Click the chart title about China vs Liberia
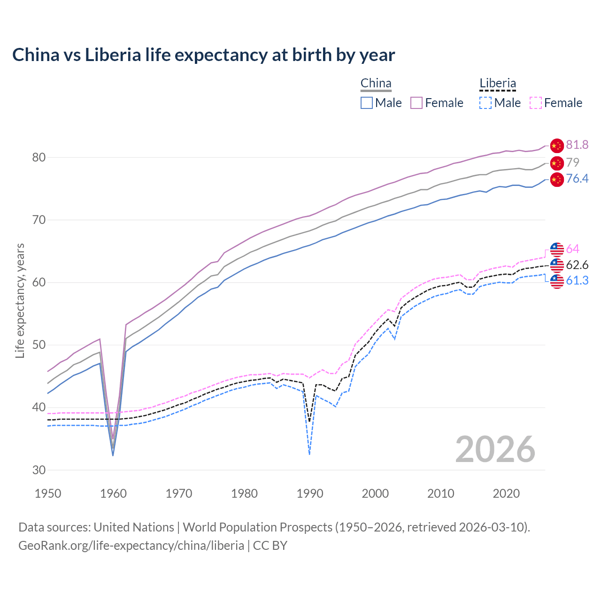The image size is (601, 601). (x=203, y=55)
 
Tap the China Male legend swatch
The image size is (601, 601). (x=367, y=103)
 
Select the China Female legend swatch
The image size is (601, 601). (x=416, y=103)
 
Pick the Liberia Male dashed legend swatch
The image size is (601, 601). (x=485, y=103)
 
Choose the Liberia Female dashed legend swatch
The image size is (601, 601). (x=535, y=103)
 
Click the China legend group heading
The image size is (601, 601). (x=376, y=84)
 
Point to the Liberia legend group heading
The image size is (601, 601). (x=498, y=84)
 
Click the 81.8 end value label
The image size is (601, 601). (x=577, y=145)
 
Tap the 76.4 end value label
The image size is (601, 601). (x=577, y=179)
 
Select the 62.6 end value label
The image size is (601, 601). (x=577, y=265)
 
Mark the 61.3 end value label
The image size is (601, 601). (x=577, y=281)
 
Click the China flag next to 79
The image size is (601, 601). (x=557, y=163)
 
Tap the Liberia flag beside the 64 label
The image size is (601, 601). (x=557, y=249)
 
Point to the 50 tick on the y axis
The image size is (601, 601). (x=39, y=345)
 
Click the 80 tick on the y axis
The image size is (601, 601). (x=39, y=157)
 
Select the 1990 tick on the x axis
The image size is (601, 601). (x=310, y=493)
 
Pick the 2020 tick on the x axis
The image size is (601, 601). (x=506, y=493)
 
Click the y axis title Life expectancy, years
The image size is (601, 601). (x=20, y=300)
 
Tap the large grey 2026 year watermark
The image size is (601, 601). (x=495, y=449)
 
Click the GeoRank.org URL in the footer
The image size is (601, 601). (x=131, y=546)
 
